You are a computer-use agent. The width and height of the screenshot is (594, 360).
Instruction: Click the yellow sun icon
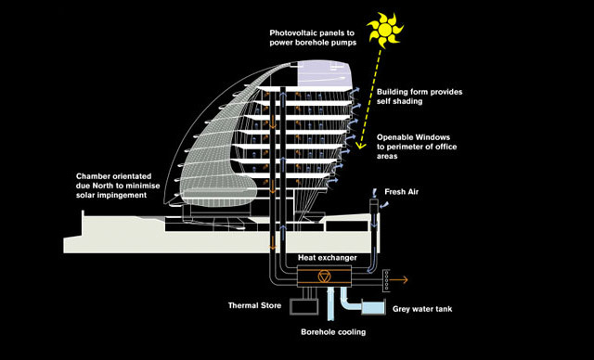point(385,30)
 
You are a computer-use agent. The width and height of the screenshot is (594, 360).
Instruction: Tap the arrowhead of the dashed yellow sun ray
point(360,145)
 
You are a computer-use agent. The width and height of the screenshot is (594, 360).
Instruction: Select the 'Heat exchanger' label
point(328,258)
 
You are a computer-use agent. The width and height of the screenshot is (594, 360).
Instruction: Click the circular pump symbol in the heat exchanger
point(324,276)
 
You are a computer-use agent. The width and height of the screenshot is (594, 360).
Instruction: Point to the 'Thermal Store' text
point(254,305)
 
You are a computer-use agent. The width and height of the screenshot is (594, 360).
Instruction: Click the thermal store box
point(303,306)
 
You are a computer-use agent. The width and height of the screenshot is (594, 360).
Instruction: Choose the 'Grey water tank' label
point(422,309)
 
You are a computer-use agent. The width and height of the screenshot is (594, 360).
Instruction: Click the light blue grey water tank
point(373,307)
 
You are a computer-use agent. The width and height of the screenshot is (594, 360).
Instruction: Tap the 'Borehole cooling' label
point(333,332)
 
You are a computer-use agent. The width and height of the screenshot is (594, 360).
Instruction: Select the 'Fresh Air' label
point(402,192)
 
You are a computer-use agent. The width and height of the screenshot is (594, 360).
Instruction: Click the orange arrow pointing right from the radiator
point(398,280)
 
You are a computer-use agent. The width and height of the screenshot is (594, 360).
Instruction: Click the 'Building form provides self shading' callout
point(420,96)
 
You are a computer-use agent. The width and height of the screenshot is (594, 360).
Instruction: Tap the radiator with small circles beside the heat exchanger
point(386,280)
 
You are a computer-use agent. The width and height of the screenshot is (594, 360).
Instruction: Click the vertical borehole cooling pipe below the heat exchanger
point(329,302)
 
